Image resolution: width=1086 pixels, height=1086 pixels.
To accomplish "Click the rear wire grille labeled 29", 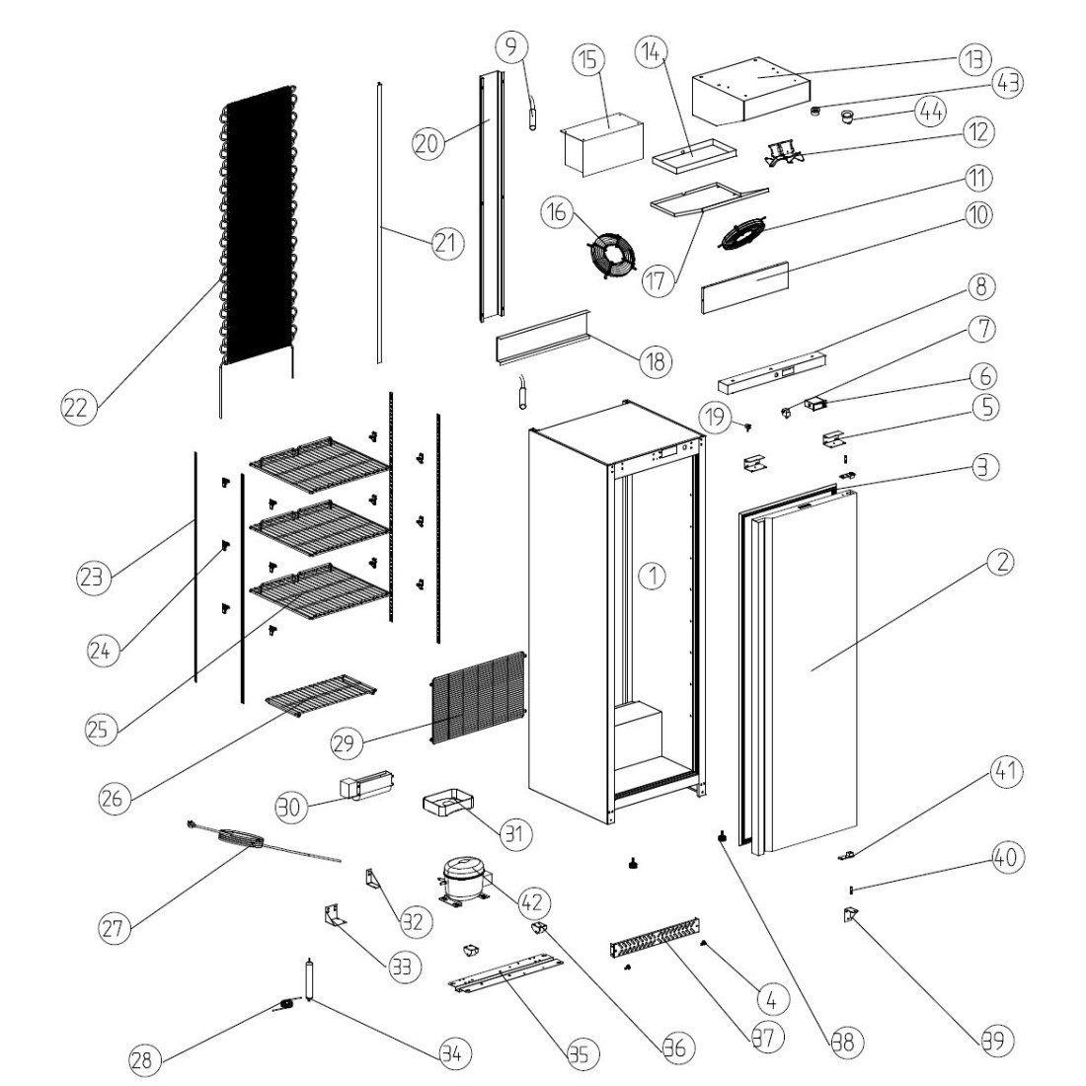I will click(x=478, y=697).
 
